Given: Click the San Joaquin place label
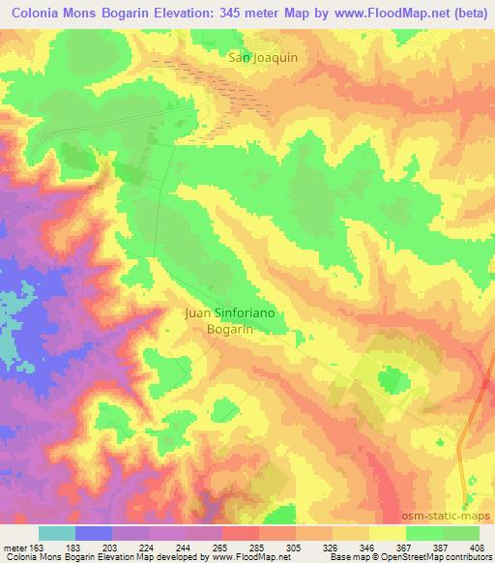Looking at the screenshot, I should point(262,57).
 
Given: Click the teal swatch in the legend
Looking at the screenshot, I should point(57,532).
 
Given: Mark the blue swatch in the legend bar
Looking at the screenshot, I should point(94,532).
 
